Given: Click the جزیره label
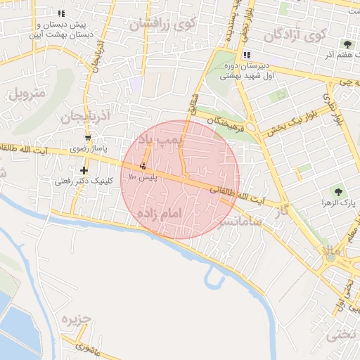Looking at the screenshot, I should point(75,320).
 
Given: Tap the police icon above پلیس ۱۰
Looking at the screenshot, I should point(144,167).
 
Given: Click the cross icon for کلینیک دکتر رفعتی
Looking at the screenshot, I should point(84,170).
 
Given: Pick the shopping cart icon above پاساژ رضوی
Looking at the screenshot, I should point(88,138).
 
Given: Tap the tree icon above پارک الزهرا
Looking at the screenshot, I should point(339,191).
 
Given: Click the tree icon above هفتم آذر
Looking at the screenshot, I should point(347,44).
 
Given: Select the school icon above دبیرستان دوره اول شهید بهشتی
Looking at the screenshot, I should point(246,55).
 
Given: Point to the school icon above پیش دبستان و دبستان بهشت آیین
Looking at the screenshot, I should point(62,13).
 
